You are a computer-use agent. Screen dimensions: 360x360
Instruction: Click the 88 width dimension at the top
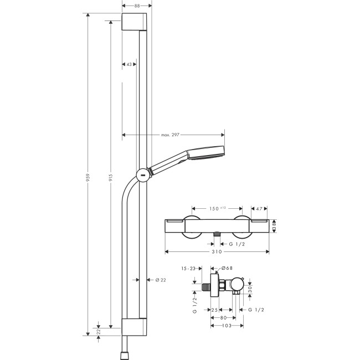(135, 6)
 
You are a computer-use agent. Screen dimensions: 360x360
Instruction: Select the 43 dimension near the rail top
(128, 64)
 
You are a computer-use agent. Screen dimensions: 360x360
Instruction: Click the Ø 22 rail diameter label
(161, 280)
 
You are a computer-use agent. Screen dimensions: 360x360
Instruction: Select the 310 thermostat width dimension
(217, 251)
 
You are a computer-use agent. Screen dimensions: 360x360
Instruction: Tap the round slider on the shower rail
(142, 174)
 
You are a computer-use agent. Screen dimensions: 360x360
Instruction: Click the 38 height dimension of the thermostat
(274, 227)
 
